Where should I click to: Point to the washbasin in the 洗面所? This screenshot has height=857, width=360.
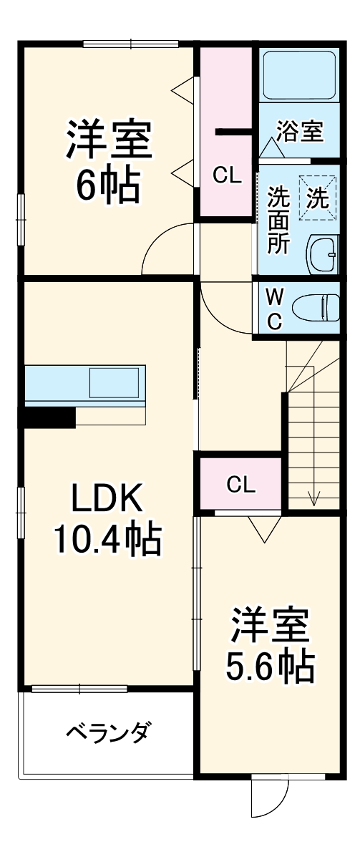(x=323, y=254)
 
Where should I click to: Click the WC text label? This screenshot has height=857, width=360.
(x=274, y=309)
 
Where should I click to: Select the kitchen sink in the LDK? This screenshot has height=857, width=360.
(x=115, y=382)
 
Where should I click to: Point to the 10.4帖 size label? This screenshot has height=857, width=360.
(x=107, y=539)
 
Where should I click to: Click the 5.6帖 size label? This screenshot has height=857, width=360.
(x=271, y=664)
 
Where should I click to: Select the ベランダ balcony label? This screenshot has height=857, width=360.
(x=107, y=731)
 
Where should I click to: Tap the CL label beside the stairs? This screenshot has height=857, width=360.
(x=241, y=485)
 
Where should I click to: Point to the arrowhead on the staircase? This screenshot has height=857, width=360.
(x=314, y=498)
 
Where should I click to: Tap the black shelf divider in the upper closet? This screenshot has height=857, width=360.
(x=233, y=132)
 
